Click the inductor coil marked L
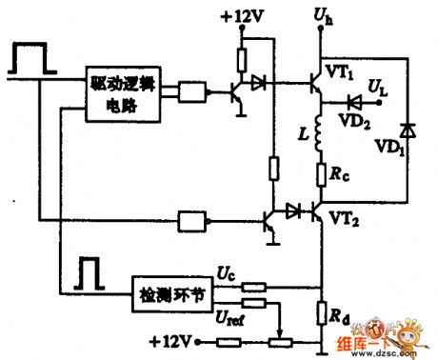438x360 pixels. (321, 135)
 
